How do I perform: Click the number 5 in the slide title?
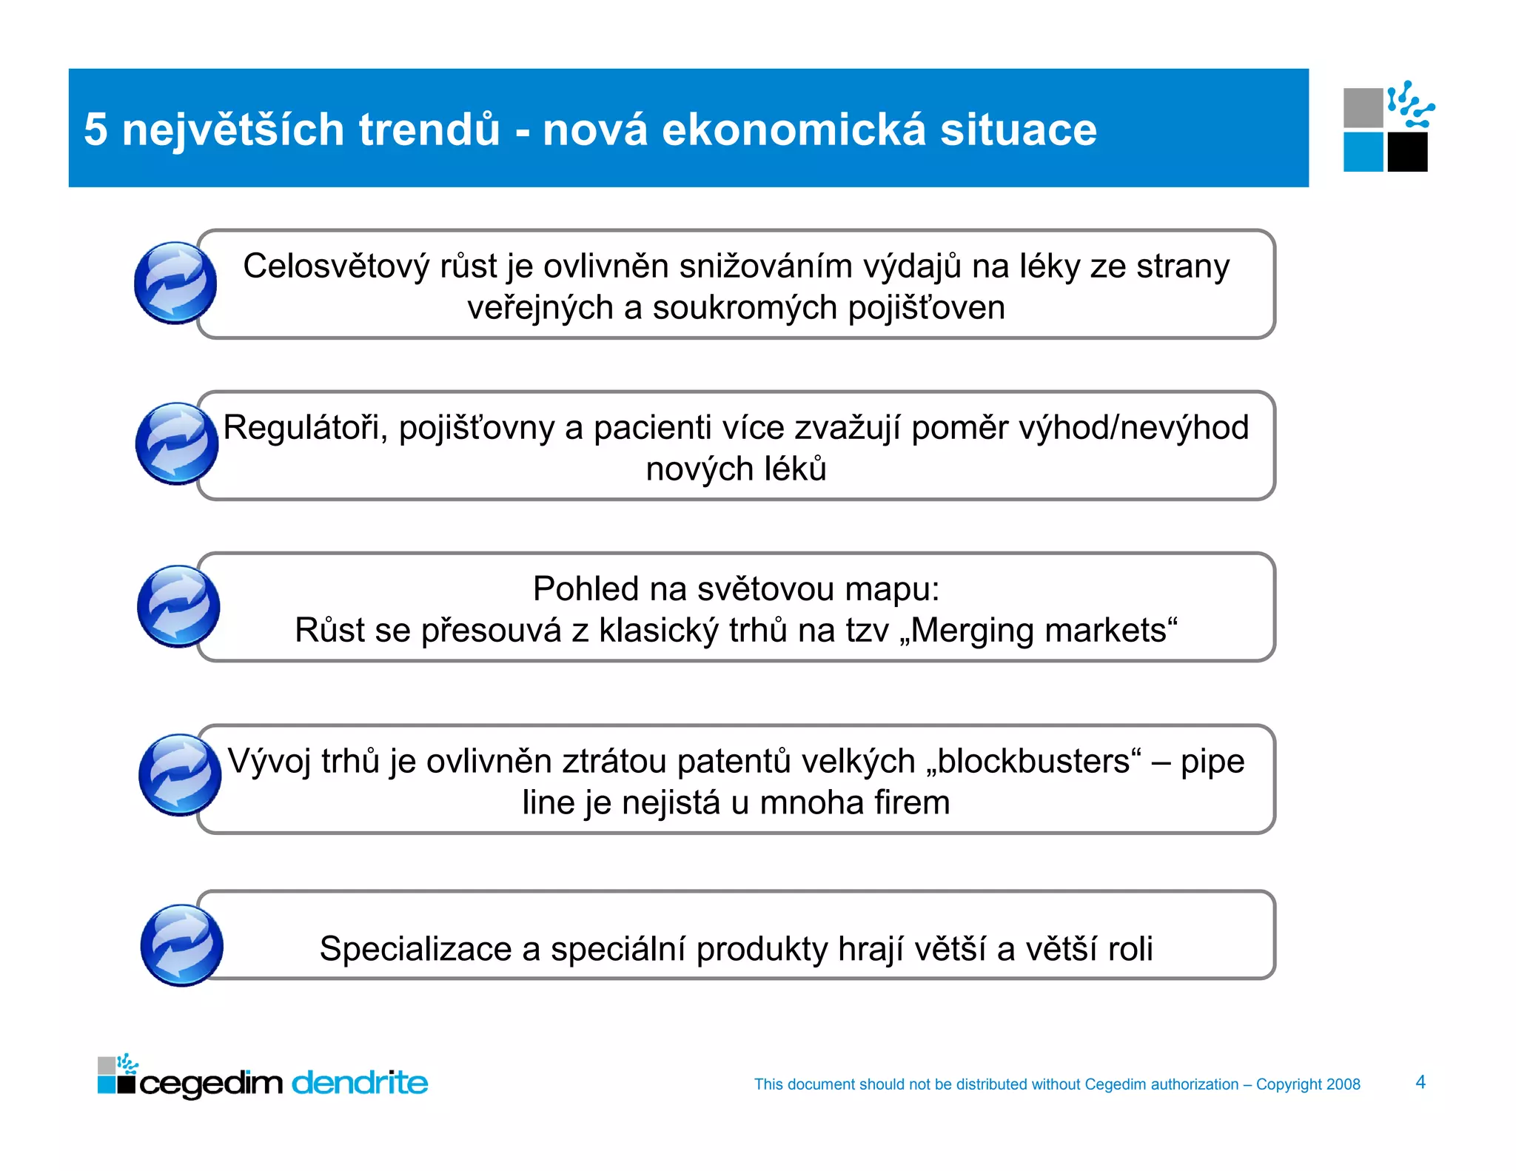(95, 130)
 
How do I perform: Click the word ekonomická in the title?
(794, 130)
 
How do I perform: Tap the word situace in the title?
(1018, 130)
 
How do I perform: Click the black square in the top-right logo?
(1407, 152)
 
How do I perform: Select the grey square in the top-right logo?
(1363, 108)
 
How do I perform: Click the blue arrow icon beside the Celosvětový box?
(175, 283)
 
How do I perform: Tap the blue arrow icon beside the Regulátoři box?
(177, 444)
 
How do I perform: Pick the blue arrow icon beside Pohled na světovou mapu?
(178, 606)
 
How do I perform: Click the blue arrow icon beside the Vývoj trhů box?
(180, 775)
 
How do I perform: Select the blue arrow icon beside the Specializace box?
(181, 945)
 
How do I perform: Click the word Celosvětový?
(336, 266)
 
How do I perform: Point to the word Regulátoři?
(306, 428)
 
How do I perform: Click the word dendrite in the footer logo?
(360, 1083)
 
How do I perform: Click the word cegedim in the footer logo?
(211, 1084)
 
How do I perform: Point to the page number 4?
(1421, 1082)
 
